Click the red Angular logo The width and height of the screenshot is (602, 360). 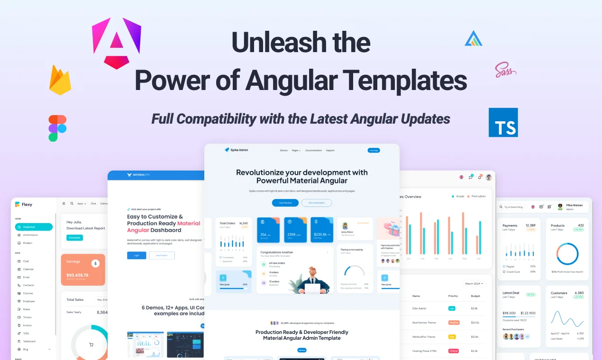coord(116,43)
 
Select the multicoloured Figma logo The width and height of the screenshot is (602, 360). coord(57,128)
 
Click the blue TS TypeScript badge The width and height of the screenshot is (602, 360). coord(503,123)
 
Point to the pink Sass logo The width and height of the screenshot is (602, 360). coord(505,70)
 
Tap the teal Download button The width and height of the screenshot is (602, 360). coord(74,237)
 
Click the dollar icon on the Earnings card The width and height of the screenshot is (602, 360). coord(95,263)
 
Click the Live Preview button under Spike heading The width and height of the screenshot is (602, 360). coord(285,203)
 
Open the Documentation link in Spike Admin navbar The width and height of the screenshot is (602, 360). coord(313,150)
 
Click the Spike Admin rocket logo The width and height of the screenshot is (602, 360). coord(227,150)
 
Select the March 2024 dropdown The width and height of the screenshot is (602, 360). coord(474,284)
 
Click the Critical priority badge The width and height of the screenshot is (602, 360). coord(454,351)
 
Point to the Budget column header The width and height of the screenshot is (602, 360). coord(475,296)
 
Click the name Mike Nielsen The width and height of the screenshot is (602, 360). coord(575,205)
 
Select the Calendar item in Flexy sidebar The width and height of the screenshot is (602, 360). coord(28,269)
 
